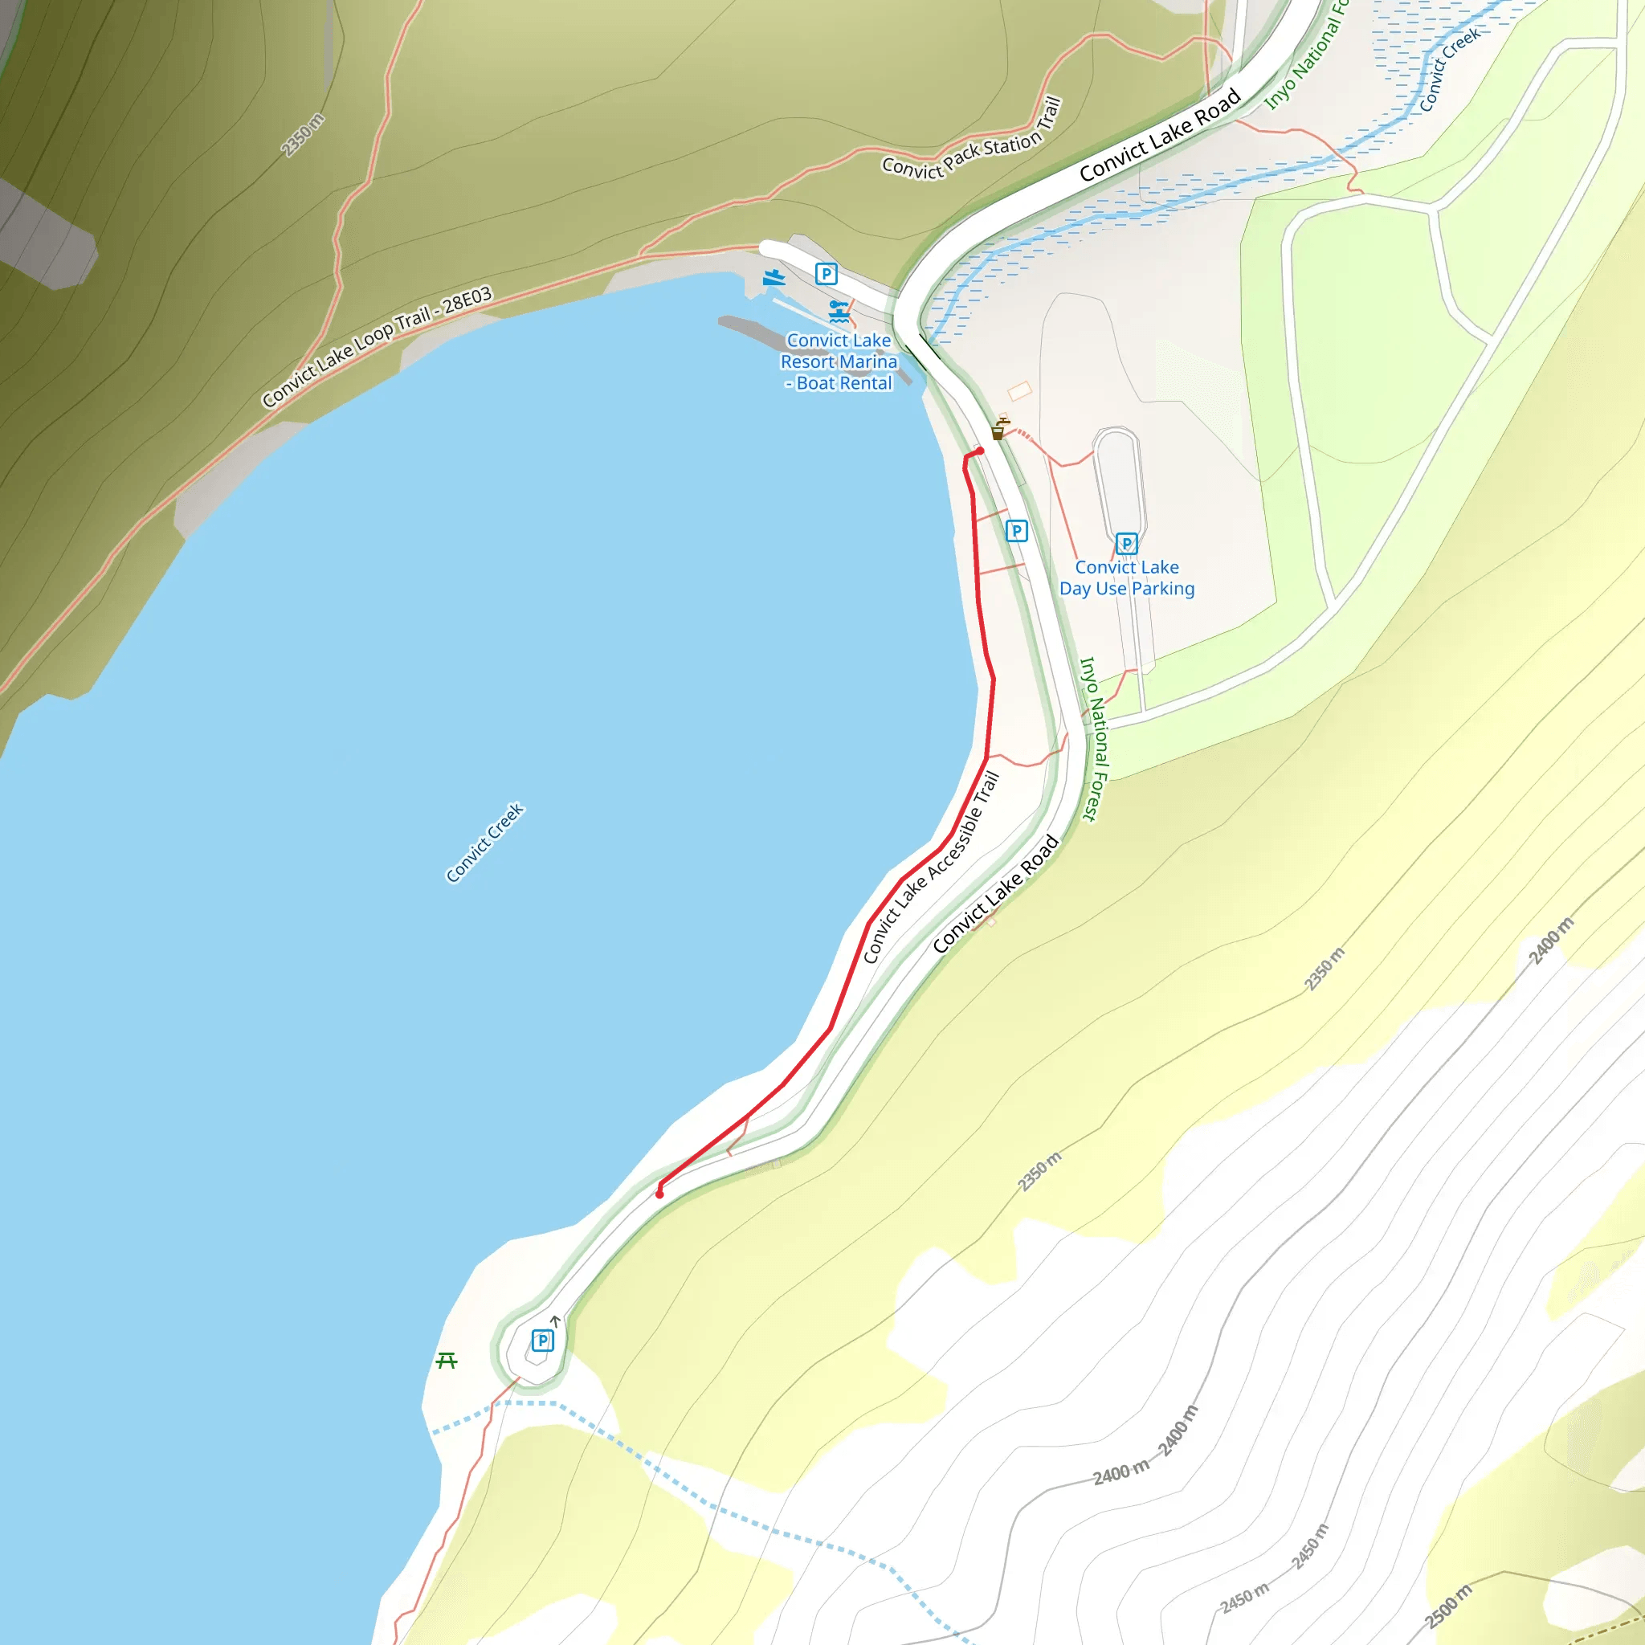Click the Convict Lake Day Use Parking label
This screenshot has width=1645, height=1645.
pyautogui.click(x=1126, y=578)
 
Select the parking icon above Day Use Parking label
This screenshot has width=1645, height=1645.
pyautogui.click(x=1126, y=543)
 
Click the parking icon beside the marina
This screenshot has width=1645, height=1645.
pyautogui.click(x=826, y=274)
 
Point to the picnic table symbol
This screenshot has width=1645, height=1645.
pyautogui.click(x=446, y=1361)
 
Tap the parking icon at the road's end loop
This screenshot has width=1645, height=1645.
pyautogui.click(x=542, y=1341)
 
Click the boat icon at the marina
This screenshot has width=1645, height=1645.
pyautogui.click(x=774, y=278)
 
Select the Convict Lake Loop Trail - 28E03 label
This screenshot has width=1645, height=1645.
pyautogui.click(x=377, y=346)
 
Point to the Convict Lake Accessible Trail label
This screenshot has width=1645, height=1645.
pyautogui.click(x=931, y=867)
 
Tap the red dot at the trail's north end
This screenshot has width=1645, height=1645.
pyautogui.click(x=980, y=451)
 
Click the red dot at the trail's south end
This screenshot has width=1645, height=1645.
pyautogui.click(x=659, y=1194)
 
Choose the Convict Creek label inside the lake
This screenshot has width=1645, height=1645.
pyautogui.click(x=485, y=842)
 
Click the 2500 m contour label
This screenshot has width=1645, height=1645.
pyautogui.click(x=1448, y=1606)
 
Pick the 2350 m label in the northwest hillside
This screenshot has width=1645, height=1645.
pyautogui.click(x=303, y=134)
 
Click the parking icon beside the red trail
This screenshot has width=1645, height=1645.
pyautogui.click(x=1016, y=531)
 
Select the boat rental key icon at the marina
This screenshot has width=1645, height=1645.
pyautogui.click(x=839, y=311)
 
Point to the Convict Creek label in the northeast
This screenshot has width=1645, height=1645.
pyautogui.click(x=1449, y=70)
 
